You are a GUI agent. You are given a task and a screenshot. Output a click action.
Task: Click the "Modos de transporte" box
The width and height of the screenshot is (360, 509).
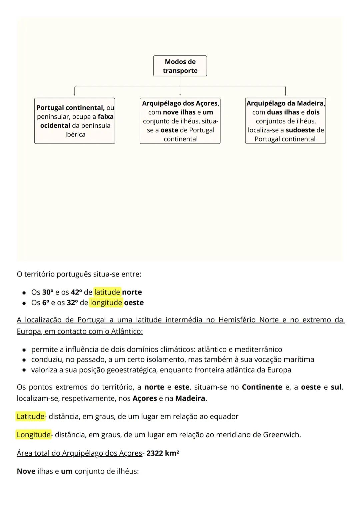coord(180,66)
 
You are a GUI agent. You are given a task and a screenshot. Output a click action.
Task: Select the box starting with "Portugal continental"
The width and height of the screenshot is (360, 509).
coord(75,121)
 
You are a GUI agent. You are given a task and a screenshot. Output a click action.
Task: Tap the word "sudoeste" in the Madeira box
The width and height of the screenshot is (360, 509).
coord(300,130)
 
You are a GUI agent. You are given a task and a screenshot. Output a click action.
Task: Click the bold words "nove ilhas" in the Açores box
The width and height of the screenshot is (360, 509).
coord(179,112)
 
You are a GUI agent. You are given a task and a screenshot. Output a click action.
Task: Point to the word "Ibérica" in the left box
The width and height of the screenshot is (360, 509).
coord(75,134)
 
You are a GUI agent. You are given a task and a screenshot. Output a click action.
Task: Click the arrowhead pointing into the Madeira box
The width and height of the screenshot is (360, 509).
coord(285,95)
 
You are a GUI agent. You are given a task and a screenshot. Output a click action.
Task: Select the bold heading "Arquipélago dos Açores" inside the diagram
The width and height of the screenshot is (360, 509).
coord(180,103)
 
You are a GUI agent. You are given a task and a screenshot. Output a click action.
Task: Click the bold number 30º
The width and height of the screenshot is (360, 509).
coord(47,292)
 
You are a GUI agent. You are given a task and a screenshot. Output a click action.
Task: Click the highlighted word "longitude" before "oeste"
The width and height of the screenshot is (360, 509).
coord(106,303)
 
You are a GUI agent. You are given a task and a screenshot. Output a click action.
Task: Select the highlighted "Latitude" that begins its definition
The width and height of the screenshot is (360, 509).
coord(30,417)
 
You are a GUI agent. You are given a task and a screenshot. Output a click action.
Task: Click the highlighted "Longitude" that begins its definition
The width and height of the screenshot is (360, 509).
coord(33,435)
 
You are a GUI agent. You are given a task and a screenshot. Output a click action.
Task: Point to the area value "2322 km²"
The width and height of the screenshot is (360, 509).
coord(163,453)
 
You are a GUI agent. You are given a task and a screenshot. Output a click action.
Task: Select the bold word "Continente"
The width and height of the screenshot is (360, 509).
coord(262,387)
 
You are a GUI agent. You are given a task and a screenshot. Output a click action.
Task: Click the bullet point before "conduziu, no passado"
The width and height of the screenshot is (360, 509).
coord(24,360)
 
